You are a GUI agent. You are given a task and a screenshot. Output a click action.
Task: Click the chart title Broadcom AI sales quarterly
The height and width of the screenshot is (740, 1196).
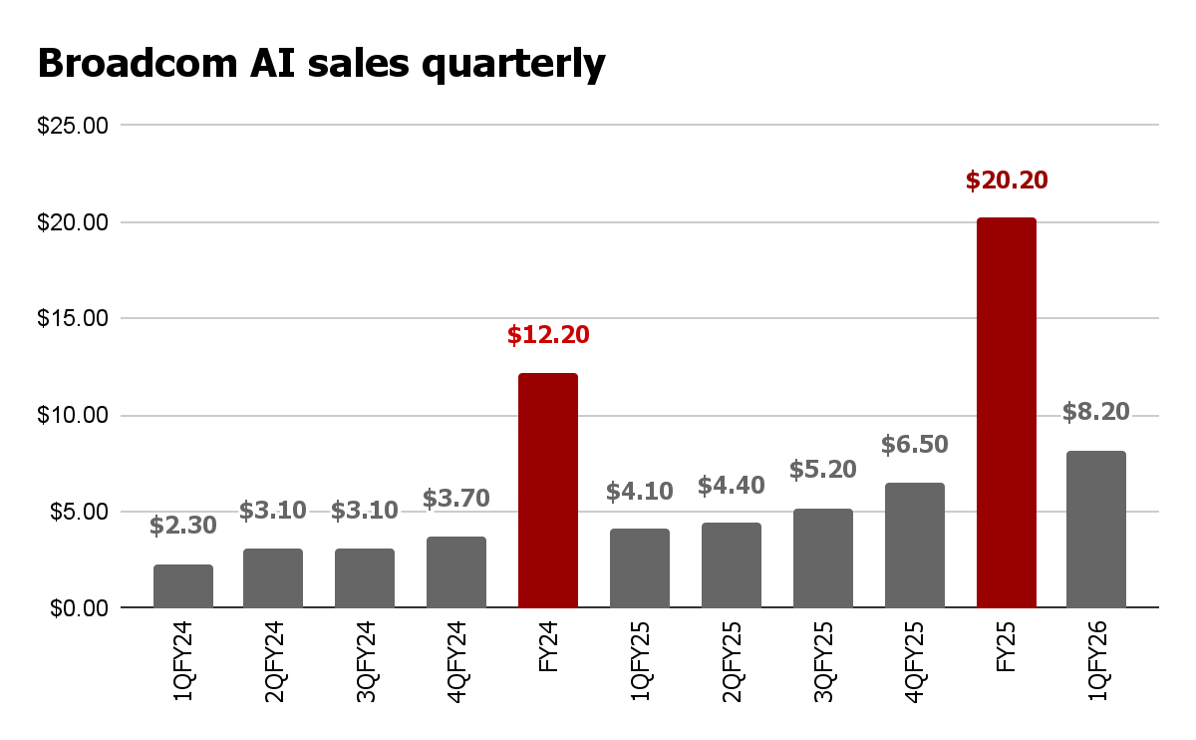[321, 64]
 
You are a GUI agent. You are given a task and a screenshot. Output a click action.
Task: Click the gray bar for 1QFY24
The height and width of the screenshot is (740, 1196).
[183, 586]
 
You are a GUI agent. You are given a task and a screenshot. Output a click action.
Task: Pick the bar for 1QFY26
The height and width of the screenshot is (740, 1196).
[1096, 530]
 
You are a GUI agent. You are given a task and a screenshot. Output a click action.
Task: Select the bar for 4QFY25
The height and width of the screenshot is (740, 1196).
[915, 546]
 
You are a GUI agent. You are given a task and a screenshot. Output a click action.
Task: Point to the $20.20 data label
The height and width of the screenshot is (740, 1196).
[1007, 181]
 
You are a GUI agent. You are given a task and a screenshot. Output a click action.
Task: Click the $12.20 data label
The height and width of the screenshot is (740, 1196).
[548, 335]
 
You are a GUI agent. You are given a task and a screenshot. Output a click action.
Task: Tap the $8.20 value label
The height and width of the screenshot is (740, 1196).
[1096, 412]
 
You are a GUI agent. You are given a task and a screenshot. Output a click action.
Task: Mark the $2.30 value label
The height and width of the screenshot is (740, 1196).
[183, 525]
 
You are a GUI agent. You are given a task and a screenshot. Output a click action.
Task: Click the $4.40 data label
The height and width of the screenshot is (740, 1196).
[732, 486]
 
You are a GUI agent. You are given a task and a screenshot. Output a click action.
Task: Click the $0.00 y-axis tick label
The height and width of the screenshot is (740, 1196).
[78, 608]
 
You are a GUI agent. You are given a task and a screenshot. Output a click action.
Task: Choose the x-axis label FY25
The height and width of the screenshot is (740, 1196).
[1007, 649]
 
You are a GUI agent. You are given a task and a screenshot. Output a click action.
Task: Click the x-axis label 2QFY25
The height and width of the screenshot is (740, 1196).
[732, 663]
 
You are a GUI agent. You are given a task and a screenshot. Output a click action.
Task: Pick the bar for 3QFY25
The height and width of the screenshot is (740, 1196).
[823, 558]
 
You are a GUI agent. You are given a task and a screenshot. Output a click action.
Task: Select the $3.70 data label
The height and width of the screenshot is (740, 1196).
[456, 498]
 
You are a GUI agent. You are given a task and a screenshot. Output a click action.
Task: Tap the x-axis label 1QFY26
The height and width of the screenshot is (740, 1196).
[1097, 663]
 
